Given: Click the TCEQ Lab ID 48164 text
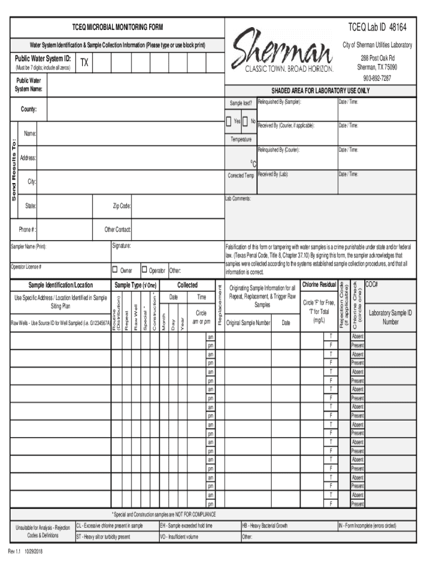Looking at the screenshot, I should click(377, 27).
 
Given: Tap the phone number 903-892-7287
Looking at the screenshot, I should click(377, 78).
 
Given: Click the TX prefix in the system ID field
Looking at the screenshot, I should click(84, 63).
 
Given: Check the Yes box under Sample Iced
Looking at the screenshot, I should click(230, 121).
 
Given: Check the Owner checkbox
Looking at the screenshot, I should click(115, 270).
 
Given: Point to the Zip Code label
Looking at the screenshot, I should click(121, 206).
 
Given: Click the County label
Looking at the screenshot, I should click(29, 109).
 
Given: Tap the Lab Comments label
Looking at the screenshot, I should click(238, 198).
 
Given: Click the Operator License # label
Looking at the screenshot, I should click(26, 267).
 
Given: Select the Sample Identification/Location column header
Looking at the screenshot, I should click(60, 285).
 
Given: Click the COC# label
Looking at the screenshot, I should click(372, 284).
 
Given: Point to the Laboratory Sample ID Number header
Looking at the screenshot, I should click(390, 317).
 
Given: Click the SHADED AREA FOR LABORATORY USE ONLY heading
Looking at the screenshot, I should click(320, 91).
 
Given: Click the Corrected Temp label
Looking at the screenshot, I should click(241, 175).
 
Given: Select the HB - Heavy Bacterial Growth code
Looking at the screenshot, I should click(265, 525).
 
